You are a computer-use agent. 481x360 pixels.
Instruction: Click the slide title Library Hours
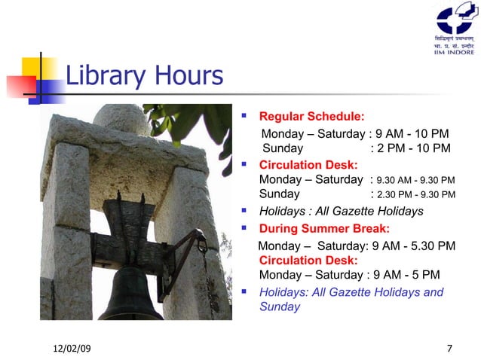[144, 76]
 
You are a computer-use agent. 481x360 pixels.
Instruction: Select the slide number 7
[449, 348]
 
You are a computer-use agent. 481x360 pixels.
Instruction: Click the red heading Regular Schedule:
[311, 117]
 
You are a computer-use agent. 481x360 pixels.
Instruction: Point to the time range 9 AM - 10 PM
[412, 133]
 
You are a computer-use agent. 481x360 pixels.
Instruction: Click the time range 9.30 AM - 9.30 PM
[415, 180]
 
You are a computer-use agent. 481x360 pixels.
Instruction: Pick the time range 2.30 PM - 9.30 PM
[415, 195]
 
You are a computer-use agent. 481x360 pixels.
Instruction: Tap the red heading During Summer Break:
[324, 228]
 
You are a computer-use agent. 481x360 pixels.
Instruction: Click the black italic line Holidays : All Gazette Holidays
[341, 212]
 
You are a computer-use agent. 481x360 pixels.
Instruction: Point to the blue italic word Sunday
[280, 307]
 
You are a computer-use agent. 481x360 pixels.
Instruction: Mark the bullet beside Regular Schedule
[244, 117]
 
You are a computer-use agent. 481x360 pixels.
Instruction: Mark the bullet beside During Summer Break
[244, 228]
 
